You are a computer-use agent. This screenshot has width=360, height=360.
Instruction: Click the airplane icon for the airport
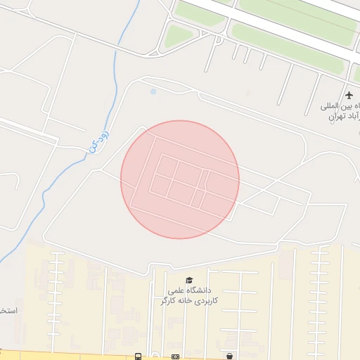click(x=349, y=95)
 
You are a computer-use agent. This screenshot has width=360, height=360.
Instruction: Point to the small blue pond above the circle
click(x=153, y=91)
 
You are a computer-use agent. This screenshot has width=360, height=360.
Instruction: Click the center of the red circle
click(x=180, y=179)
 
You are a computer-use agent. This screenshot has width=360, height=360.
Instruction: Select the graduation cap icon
click(x=188, y=280)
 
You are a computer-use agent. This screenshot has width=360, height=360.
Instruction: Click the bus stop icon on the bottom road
click(x=139, y=356)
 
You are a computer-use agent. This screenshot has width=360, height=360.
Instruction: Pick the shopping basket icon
click(x=230, y=356)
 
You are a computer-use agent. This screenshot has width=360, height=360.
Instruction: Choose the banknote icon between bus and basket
click(x=175, y=356)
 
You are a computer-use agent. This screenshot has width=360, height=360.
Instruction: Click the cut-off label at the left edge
click(x=6, y=310)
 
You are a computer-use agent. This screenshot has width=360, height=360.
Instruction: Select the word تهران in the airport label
click(x=336, y=116)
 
